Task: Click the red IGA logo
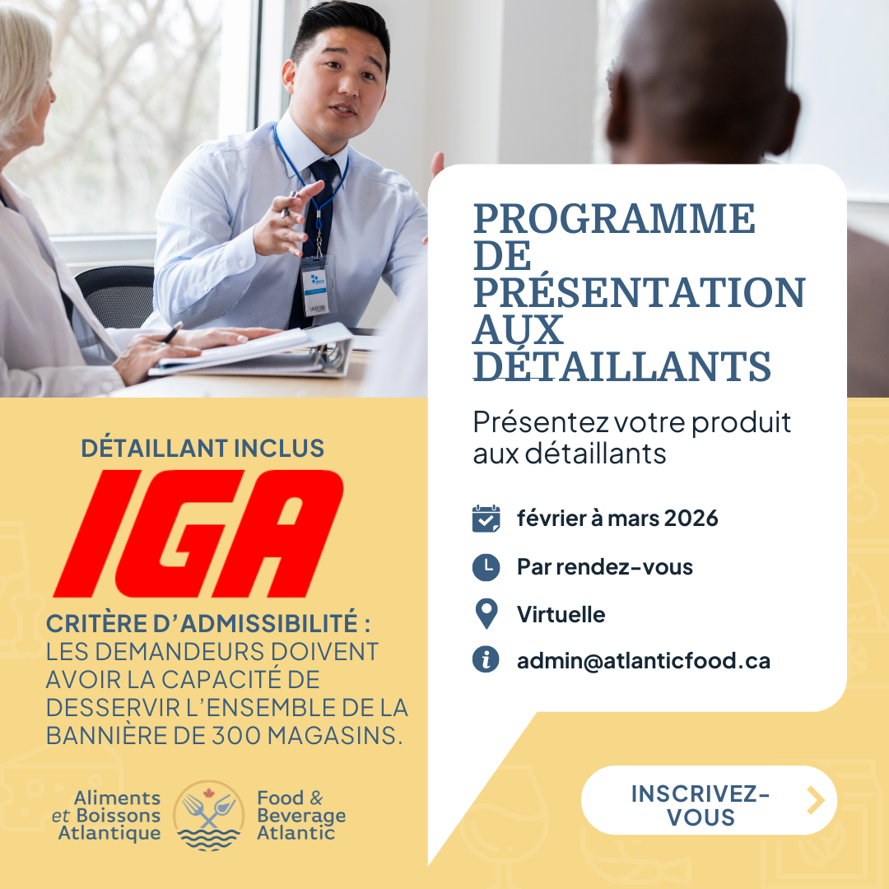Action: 198,533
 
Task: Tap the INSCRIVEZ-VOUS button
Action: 709,800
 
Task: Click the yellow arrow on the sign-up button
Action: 816,801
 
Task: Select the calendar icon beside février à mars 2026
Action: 486,519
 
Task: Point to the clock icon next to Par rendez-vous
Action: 486,567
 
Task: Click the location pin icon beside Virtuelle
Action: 486,614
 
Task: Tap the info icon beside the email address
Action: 486,659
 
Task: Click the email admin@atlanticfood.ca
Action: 644,660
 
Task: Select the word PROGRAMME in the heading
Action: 614,219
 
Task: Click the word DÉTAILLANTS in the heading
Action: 622,365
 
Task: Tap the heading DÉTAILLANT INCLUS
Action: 202,448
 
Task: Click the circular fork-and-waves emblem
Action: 208,816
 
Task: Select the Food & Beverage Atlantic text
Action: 301,815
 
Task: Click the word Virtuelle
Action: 561,615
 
